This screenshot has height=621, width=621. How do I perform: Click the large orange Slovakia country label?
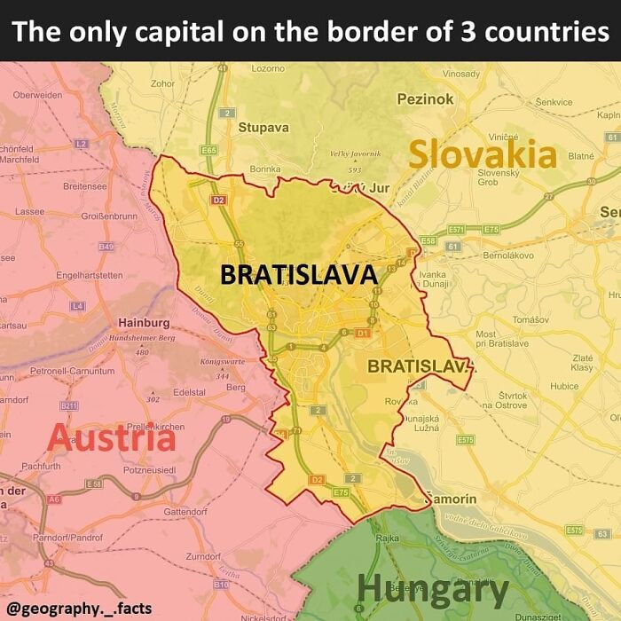(482, 154)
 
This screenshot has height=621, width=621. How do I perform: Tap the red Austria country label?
(111, 438)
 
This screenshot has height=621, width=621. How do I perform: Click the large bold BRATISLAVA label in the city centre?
(299, 275)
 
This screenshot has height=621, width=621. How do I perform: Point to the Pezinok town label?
(425, 99)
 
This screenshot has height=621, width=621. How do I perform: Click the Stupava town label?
(263, 127)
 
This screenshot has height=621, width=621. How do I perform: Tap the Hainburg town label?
(144, 322)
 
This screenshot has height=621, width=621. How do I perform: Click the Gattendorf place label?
(185, 512)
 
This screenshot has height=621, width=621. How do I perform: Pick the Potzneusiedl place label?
(151, 468)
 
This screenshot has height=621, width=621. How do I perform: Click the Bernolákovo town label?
(507, 255)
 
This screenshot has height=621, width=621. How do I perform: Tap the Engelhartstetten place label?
(89, 276)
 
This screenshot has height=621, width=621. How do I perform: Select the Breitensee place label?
(85, 186)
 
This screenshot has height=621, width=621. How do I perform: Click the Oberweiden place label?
(38, 95)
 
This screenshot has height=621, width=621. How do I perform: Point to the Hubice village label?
(564, 386)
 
